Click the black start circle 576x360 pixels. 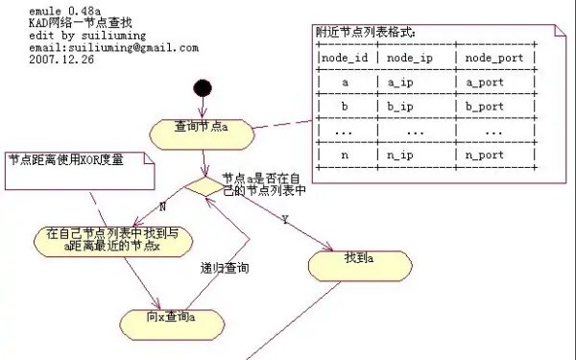[x=203, y=90]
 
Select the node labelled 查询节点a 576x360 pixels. [x=202, y=128]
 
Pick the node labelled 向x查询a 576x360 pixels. [x=172, y=317]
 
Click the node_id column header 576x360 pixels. [x=346, y=58]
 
